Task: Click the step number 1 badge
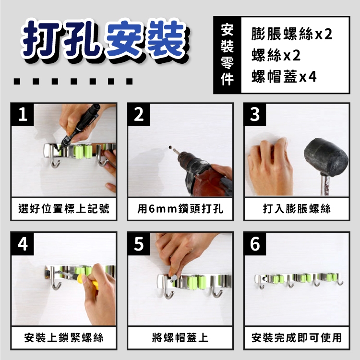23,115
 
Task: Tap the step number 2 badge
139,115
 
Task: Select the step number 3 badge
255,115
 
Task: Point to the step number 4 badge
23,244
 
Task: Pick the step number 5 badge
139,244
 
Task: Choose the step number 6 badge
255,244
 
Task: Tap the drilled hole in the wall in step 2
170,146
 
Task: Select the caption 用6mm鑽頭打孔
180,209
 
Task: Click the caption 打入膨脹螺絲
297,209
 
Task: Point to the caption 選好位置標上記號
64,209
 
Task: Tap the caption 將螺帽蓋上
180,338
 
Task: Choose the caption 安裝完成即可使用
297,338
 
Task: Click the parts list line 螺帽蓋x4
284,76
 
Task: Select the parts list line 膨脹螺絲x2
291,34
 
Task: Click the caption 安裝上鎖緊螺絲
64,338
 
